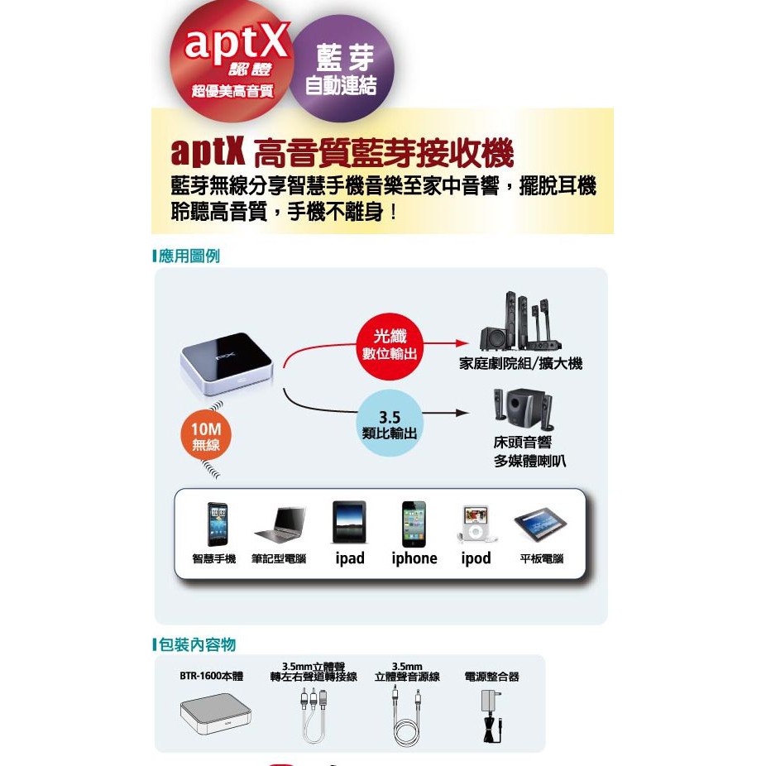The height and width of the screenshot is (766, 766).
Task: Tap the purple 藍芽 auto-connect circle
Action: (342, 68)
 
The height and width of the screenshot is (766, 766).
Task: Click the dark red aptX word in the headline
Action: (208, 151)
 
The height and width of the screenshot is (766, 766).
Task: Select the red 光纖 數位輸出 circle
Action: (390, 347)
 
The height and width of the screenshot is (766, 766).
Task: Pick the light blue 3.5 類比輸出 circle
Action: (390, 423)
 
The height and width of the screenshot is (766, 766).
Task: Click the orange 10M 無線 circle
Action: (206, 436)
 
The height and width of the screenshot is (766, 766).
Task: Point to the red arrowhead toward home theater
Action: (462, 343)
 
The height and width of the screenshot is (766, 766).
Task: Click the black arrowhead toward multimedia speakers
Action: (462, 413)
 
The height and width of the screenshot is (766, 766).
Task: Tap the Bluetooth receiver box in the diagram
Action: (227, 363)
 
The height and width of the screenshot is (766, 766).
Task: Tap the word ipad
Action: (350, 558)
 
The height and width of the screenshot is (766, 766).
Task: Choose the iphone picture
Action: (414, 524)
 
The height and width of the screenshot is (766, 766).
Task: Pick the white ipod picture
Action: (476, 524)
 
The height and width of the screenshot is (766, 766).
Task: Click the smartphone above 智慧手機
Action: (217, 524)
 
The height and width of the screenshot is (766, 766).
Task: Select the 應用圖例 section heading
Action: (189, 256)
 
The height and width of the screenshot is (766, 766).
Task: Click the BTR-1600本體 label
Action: (211, 676)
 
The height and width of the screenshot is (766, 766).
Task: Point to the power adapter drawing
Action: (491, 716)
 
